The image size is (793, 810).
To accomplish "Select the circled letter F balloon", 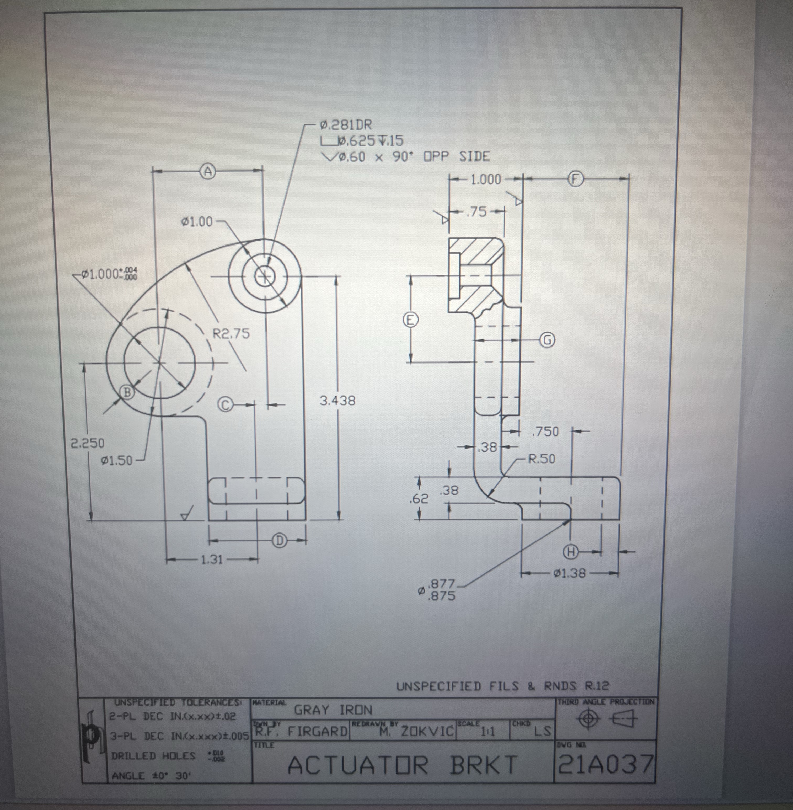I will [575, 179].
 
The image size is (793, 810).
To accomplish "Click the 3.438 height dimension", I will [337, 401].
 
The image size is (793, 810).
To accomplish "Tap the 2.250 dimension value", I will [87, 443].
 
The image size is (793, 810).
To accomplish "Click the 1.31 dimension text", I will [212, 559].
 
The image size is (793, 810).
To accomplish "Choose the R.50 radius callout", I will [542, 459].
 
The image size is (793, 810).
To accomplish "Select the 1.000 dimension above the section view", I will [486, 180].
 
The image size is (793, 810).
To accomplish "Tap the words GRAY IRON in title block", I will [333, 710].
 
